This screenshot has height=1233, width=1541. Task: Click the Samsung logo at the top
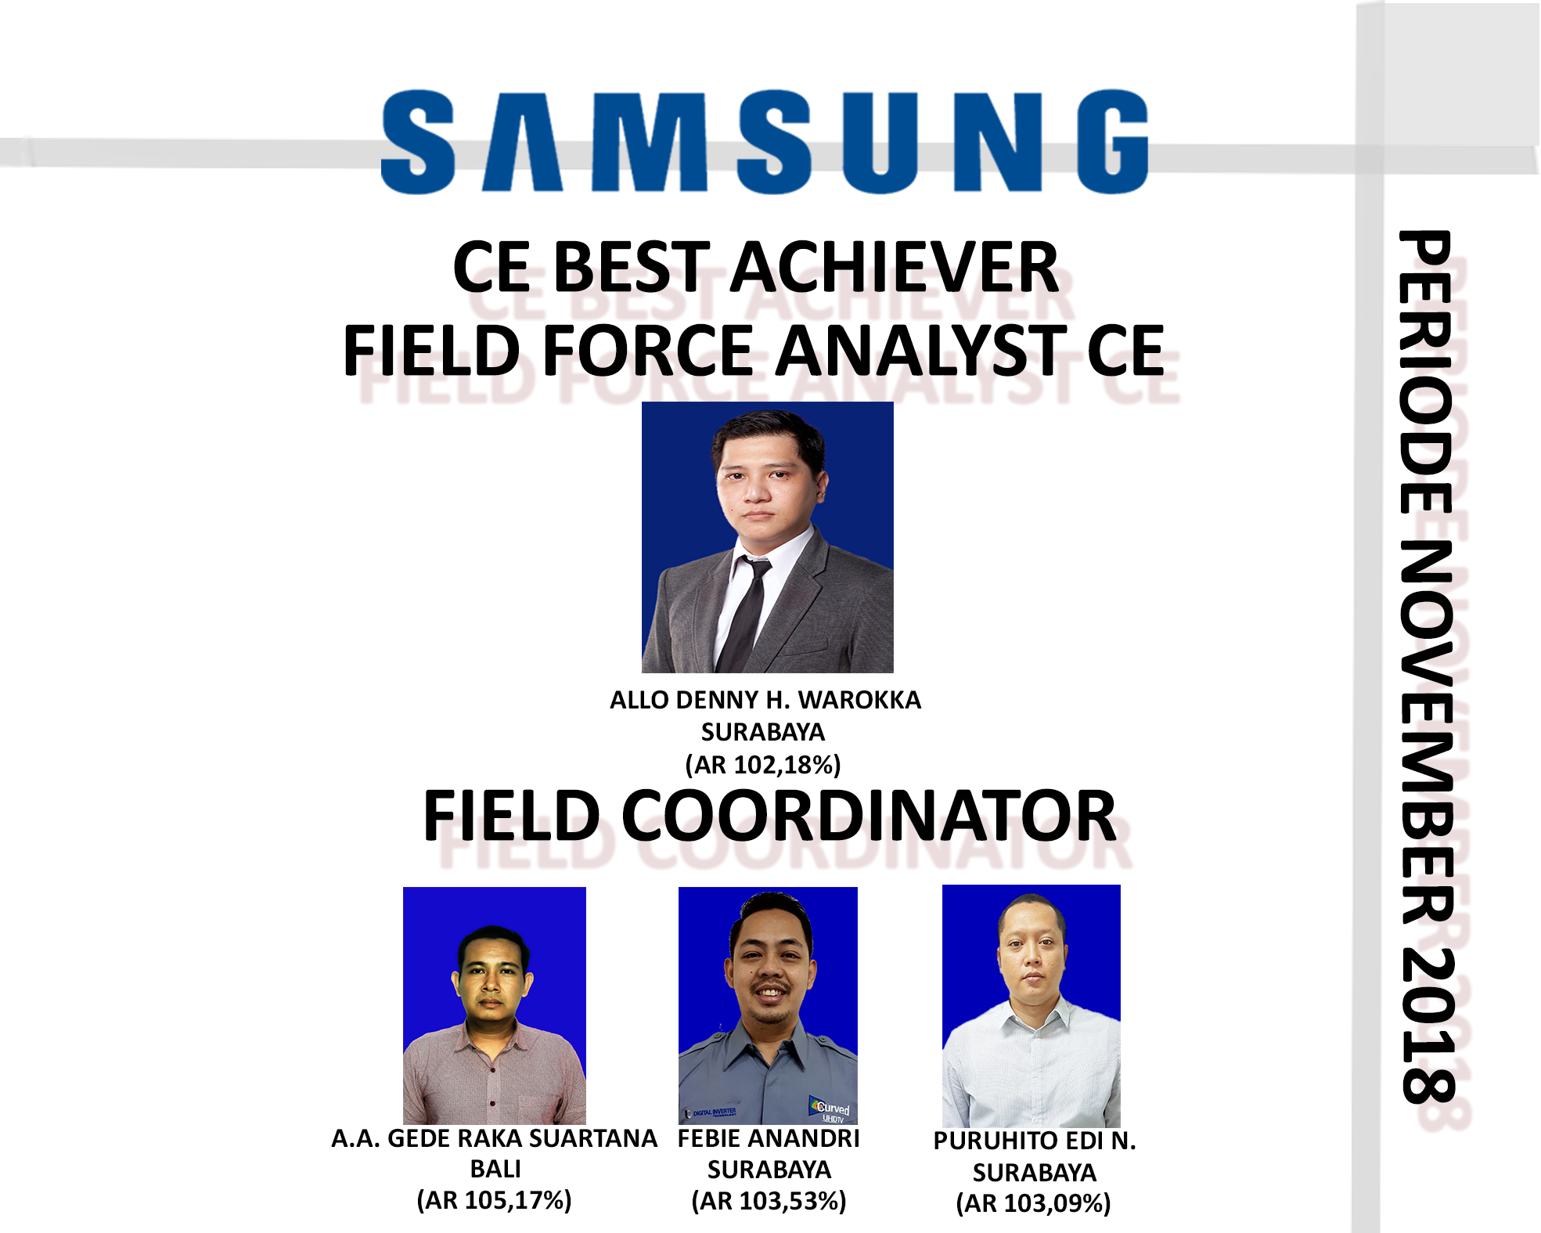(x=765, y=142)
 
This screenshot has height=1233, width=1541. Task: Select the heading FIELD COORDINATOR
(x=769, y=816)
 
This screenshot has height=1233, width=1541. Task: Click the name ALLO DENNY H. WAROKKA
(x=765, y=700)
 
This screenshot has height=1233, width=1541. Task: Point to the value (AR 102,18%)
(x=763, y=765)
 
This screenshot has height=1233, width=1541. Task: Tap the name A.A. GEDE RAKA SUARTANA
(x=494, y=1138)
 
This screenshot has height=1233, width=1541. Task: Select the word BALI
(x=495, y=1169)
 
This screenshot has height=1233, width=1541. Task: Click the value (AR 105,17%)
(x=494, y=1200)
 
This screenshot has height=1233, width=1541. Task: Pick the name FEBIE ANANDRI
(x=769, y=1138)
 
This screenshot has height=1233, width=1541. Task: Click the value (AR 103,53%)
(x=769, y=1201)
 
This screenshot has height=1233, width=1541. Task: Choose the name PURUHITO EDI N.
(x=1035, y=1141)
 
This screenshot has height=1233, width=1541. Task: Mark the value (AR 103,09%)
(x=1033, y=1203)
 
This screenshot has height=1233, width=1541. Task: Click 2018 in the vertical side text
(x=1428, y=1026)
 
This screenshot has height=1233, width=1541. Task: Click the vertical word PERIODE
(x=1428, y=373)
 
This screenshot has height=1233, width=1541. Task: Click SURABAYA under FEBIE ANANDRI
(x=769, y=1170)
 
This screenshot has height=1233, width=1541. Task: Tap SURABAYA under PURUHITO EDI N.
(x=1035, y=1173)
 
